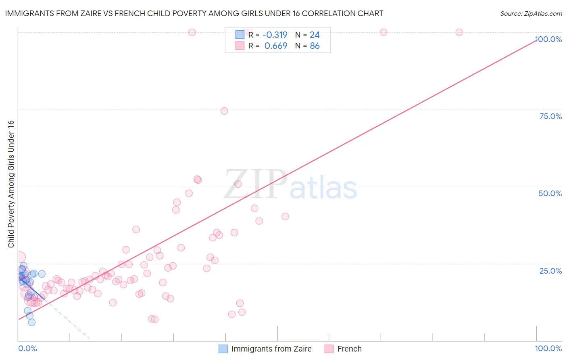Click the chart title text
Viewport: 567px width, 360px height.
click(194, 13)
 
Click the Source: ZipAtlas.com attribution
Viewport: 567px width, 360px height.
click(531, 13)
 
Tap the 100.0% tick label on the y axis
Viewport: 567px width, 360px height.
click(548, 39)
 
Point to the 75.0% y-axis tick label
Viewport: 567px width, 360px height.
click(550, 116)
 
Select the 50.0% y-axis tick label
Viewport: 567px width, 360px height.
click(550, 193)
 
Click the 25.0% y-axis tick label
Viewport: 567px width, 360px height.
click(550, 270)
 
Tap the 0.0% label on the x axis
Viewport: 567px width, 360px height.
click(27, 348)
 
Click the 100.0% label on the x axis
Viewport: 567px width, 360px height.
click(548, 348)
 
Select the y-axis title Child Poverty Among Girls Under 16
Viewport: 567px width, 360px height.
click(11, 184)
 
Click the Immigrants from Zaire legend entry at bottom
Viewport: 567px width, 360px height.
click(271, 349)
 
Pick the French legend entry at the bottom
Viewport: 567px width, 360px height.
click(349, 349)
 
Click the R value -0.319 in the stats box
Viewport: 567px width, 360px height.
click(275, 35)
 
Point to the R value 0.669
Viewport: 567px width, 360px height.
click(276, 46)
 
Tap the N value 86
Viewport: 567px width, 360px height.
click(315, 46)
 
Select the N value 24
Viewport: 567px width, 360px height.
click(315, 35)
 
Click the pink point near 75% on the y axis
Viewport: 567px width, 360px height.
click(224, 111)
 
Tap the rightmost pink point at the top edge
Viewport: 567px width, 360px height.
click(459, 32)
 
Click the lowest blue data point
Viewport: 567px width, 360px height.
click(31, 322)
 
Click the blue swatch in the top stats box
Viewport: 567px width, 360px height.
click(240, 35)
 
